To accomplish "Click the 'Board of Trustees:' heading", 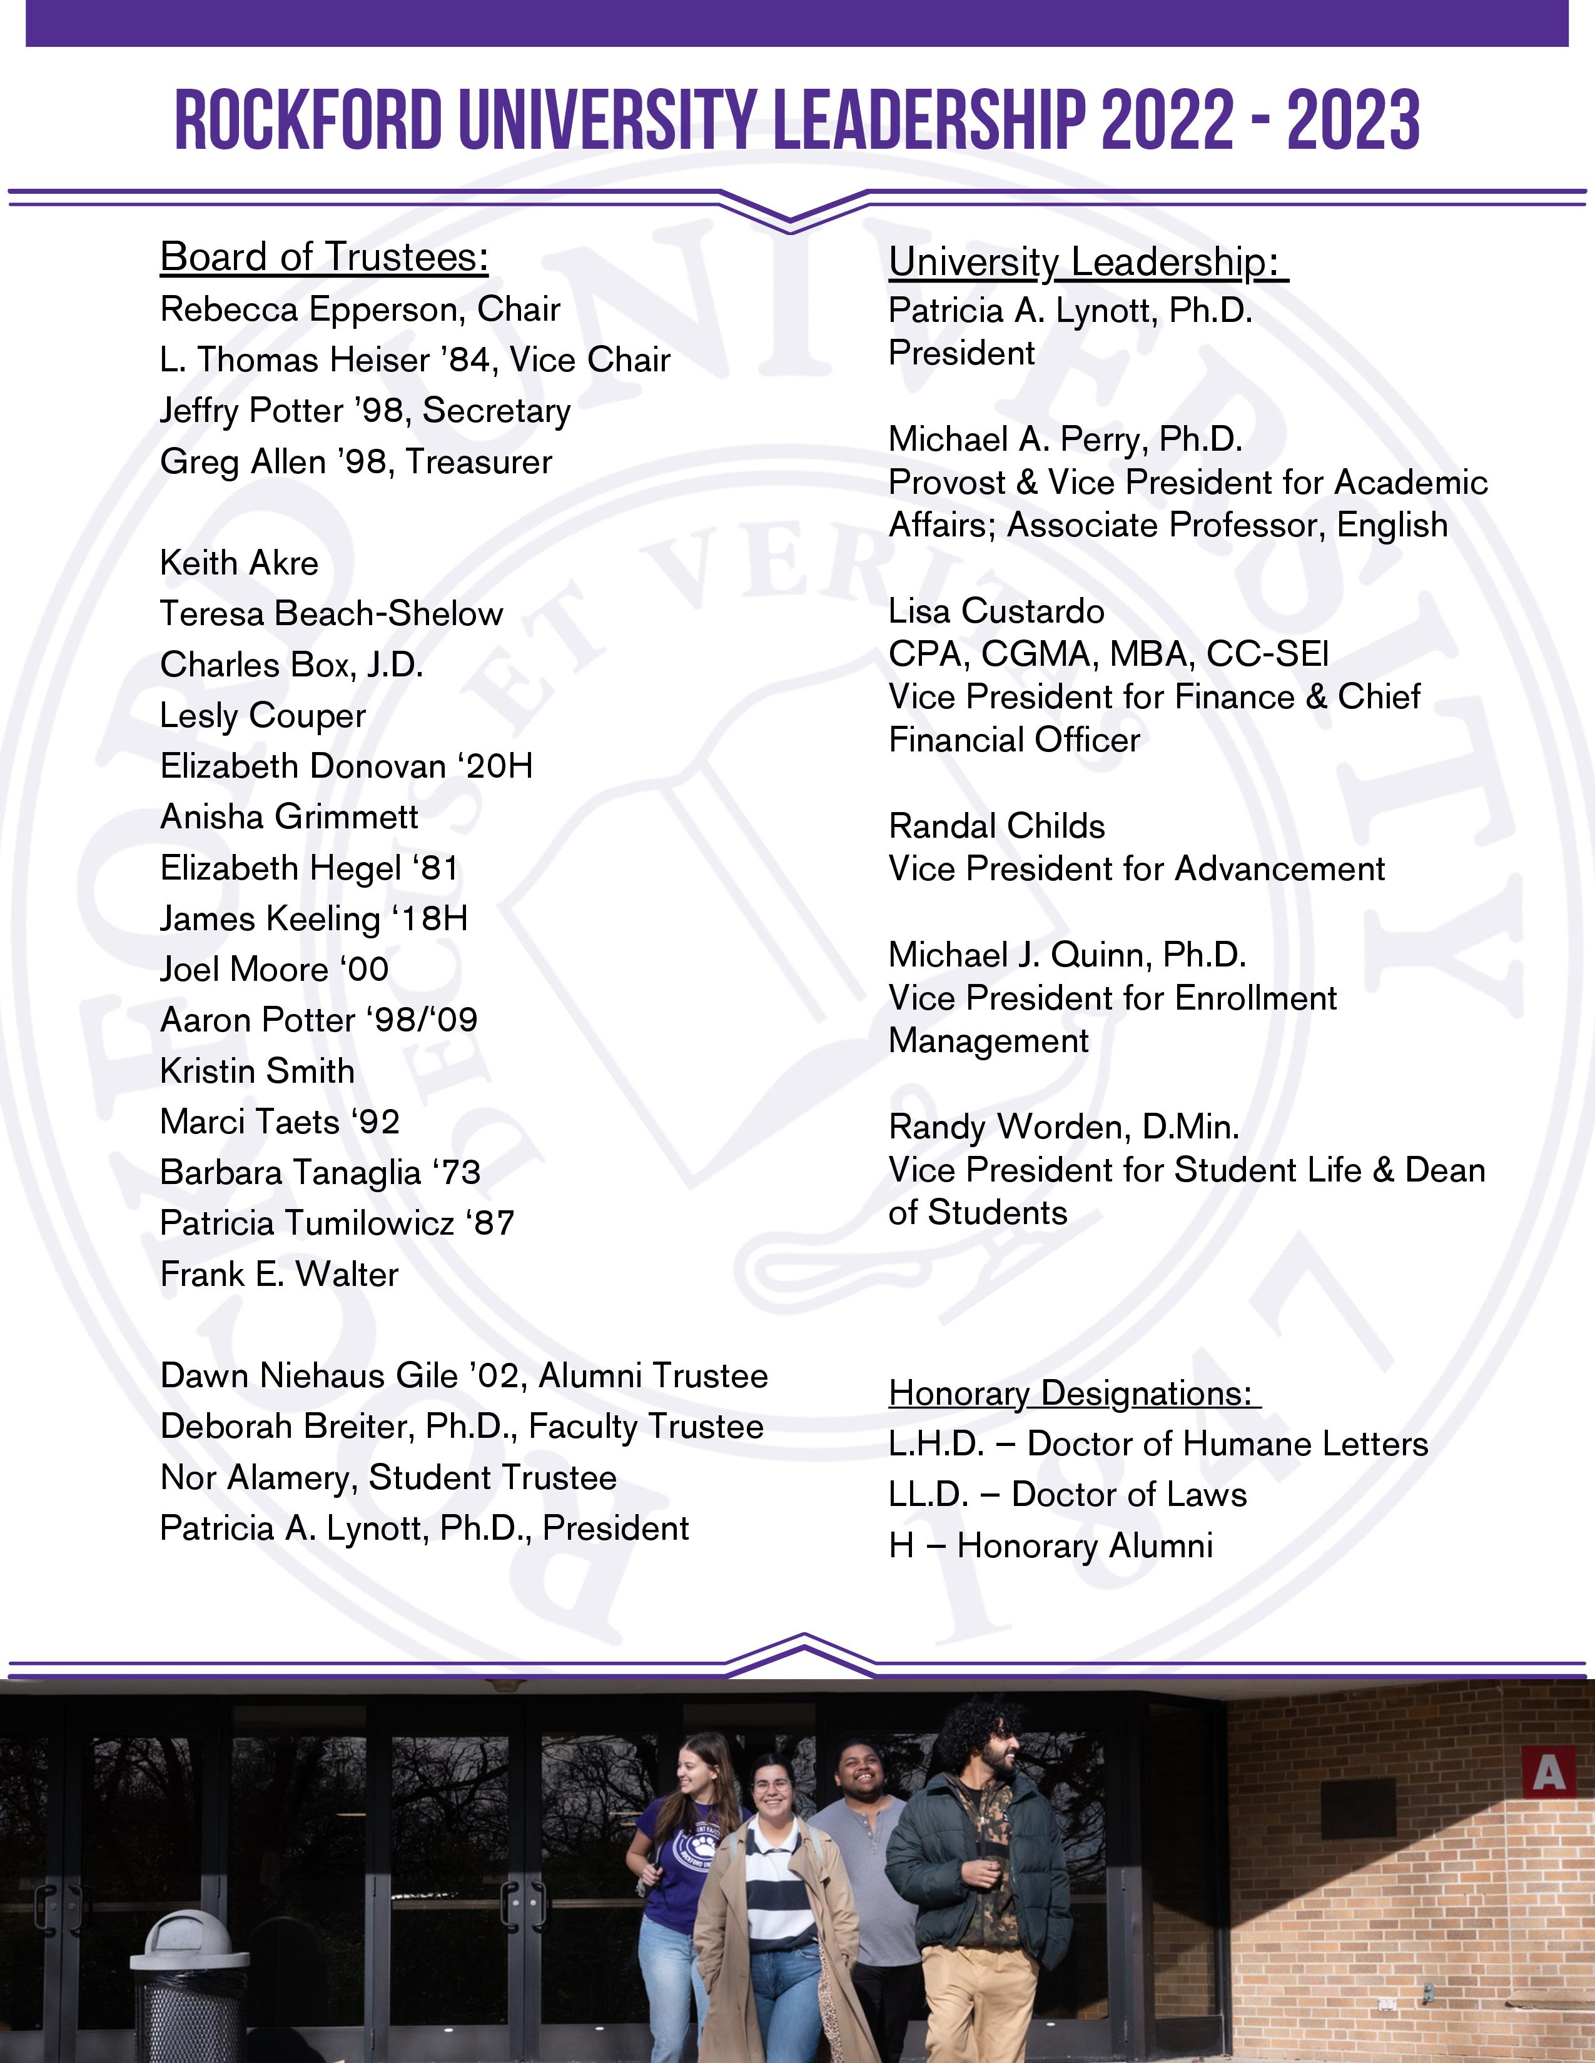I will [324, 257].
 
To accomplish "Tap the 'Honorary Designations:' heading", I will [1073, 1393].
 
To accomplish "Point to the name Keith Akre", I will [239, 563].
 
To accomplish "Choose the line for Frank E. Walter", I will [280, 1274].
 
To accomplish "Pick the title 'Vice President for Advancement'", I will [1137, 869].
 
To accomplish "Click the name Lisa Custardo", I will [996, 611].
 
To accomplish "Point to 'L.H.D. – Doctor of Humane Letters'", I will [1158, 1444].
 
